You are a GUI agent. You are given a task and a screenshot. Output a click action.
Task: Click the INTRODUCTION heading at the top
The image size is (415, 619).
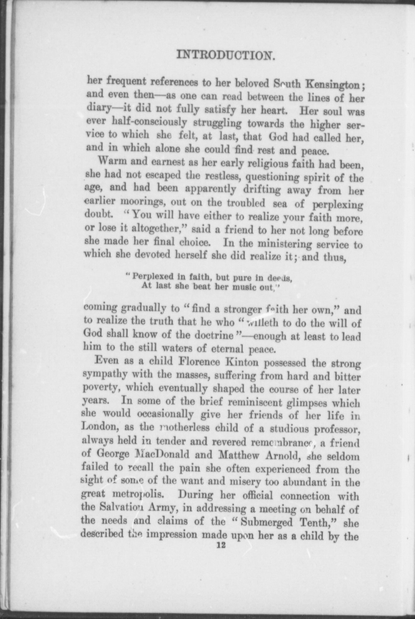(226, 55)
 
